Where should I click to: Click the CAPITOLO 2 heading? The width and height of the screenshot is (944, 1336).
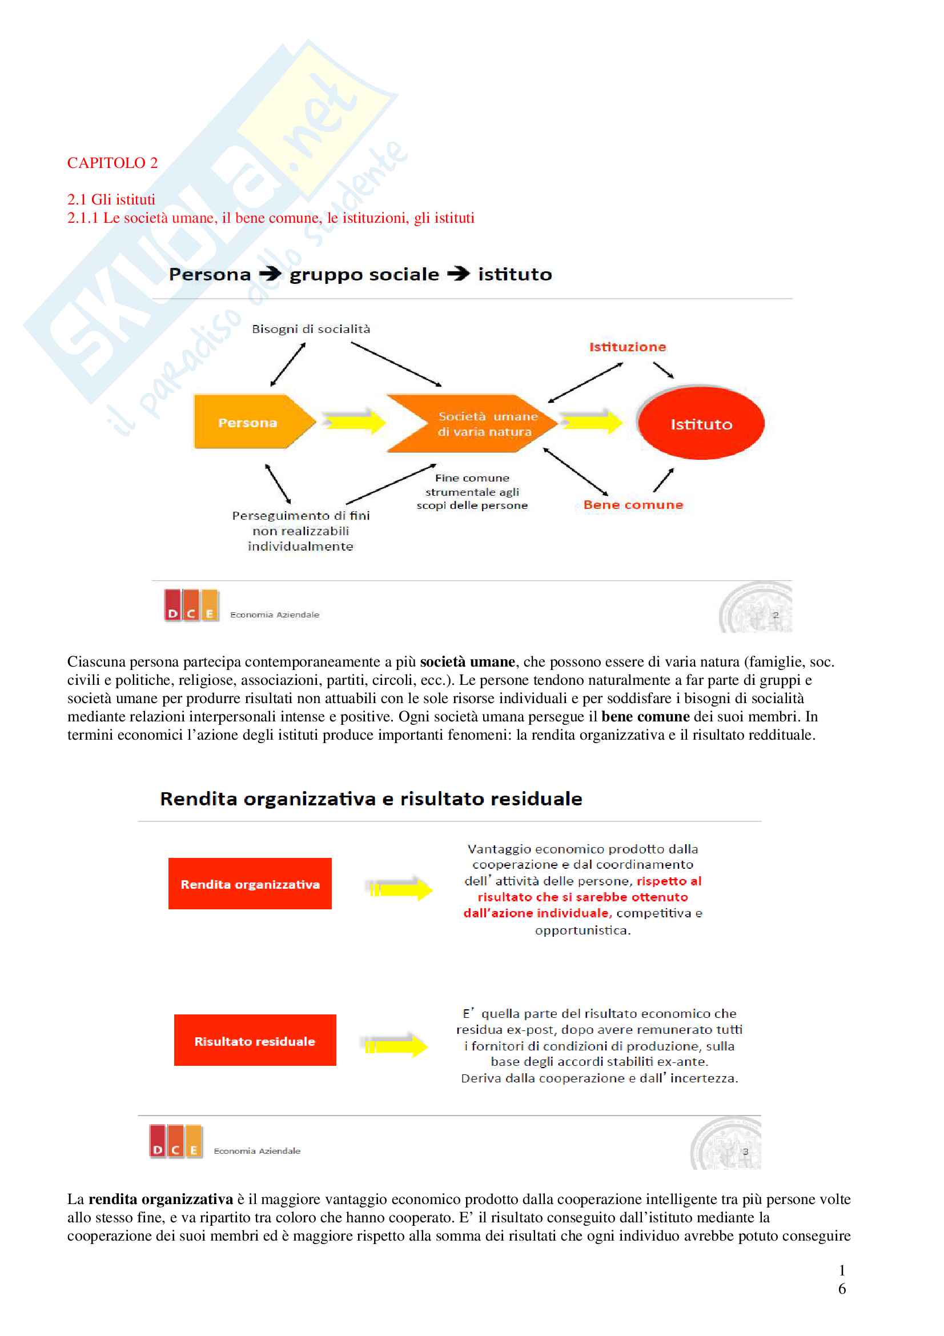click(113, 163)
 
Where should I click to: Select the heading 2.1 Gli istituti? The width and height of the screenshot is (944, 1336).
click(111, 199)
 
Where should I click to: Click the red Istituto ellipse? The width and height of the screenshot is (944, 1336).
click(701, 424)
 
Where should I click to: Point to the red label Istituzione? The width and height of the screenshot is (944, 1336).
click(628, 347)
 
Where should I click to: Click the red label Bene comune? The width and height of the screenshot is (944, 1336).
click(633, 505)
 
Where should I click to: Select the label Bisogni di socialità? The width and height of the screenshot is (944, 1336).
click(311, 330)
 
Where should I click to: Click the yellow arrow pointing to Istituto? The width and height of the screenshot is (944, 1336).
click(592, 421)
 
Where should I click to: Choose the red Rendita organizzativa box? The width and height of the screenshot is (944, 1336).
click(250, 884)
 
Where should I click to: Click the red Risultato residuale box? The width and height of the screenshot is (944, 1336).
click(255, 1041)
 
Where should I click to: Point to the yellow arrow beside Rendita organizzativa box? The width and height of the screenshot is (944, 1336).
click(400, 889)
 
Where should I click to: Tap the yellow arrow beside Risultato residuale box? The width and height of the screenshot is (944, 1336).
click(396, 1046)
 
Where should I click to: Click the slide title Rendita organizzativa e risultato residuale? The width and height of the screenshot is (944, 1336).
click(371, 799)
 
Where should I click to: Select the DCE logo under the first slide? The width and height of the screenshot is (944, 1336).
click(191, 605)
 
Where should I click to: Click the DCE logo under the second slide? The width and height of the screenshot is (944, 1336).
click(176, 1142)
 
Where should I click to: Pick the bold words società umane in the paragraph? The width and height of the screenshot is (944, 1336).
click(467, 662)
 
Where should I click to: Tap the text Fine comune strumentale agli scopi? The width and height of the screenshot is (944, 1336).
click(472, 492)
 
